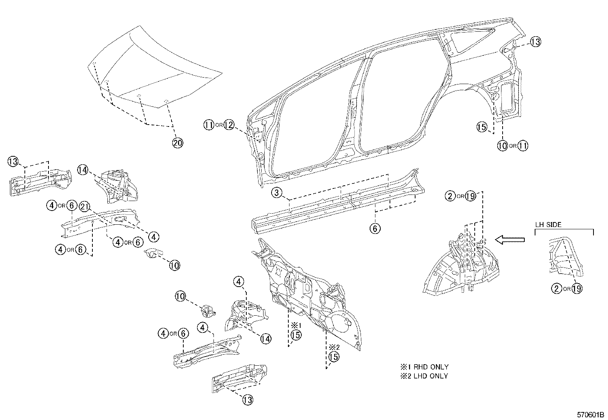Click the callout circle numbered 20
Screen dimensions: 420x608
(x=178, y=143)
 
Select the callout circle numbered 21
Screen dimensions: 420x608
(x=84, y=207)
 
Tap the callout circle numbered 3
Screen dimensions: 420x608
(x=277, y=193)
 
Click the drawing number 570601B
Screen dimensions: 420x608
(x=590, y=415)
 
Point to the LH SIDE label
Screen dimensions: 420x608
(x=548, y=225)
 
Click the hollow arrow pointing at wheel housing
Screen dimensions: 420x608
(x=509, y=240)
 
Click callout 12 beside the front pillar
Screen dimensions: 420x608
(x=229, y=125)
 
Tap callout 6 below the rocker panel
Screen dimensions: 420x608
(x=375, y=229)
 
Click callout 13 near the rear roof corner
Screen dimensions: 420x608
(x=535, y=42)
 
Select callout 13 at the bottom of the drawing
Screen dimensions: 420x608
(x=247, y=400)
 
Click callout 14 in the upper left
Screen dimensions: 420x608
(x=83, y=170)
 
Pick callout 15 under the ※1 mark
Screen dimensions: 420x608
(x=296, y=335)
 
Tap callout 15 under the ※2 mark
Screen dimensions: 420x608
(x=333, y=357)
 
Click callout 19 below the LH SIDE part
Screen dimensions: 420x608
(x=577, y=289)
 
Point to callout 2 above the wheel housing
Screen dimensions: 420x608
(x=450, y=196)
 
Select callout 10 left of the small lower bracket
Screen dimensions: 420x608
(x=181, y=295)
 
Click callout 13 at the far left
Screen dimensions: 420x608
(x=13, y=162)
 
